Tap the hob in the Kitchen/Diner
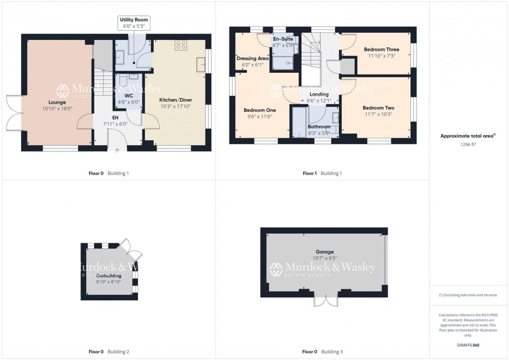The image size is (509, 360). pyautogui.click(x=181, y=45)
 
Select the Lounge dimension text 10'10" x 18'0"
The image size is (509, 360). pyautogui.click(x=58, y=109)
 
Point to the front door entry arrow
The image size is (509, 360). pyautogui.click(x=117, y=151)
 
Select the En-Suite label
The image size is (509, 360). pyautogui.click(x=283, y=39)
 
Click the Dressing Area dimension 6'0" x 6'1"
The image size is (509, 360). pyautogui.click(x=252, y=65)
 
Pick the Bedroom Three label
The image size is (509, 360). pyautogui.click(x=381, y=49)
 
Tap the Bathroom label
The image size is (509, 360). pyautogui.click(x=319, y=127)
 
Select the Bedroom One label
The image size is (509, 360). pyautogui.click(x=260, y=110)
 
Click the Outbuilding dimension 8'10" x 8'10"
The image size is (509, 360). pyautogui.click(x=108, y=282)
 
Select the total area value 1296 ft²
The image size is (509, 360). pyautogui.click(x=466, y=145)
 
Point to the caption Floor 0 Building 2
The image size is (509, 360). pyautogui.click(x=109, y=352)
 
